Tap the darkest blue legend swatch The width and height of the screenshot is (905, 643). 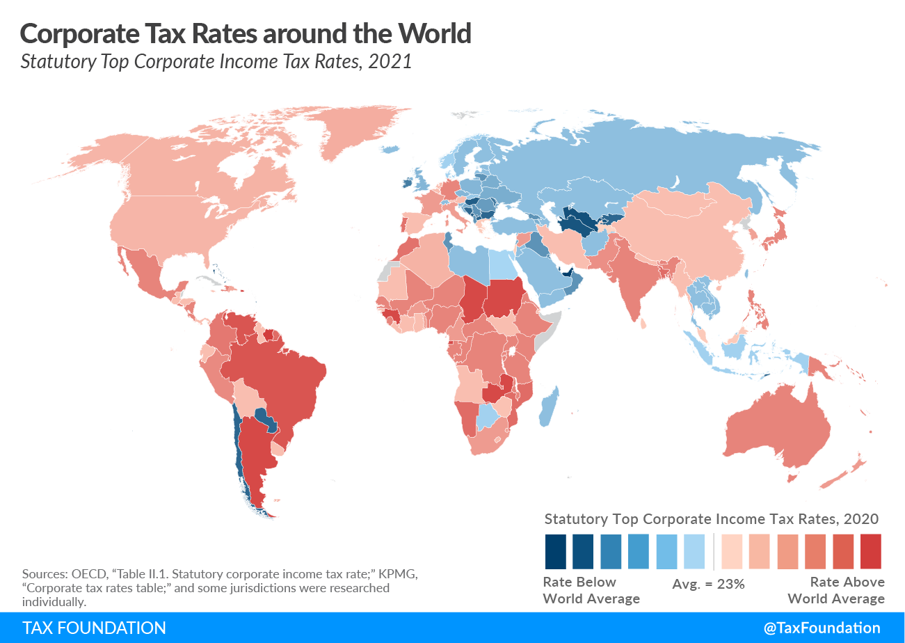click(555, 551)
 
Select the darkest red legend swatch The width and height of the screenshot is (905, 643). click(870, 551)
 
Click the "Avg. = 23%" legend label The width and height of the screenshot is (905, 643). click(708, 584)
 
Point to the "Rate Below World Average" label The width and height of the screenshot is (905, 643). click(591, 590)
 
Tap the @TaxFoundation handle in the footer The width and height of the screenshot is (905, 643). click(822, 628)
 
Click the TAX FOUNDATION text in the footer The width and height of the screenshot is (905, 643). click(94, 628)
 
